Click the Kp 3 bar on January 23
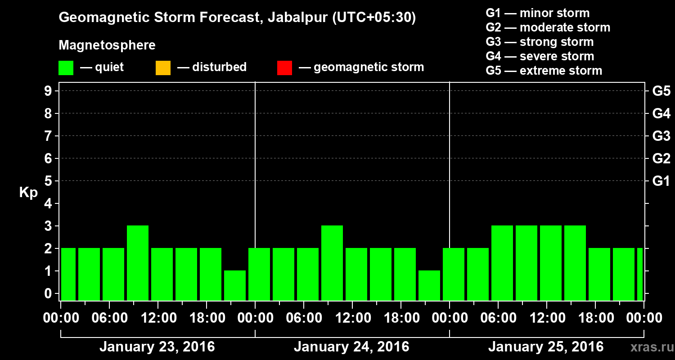(138, 263)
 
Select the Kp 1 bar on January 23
(235, 285)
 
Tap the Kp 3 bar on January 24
(332, 263)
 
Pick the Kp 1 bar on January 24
(429, 285)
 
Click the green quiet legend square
(66, 68)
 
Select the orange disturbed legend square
(163, 68)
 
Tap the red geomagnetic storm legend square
(284, 68)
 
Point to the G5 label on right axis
(661, 91)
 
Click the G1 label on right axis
(661, 181)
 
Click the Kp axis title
(28, 193)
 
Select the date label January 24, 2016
(351, 347)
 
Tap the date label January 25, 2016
(546, 347)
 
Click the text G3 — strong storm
(540, 42)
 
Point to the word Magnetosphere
(107, 45)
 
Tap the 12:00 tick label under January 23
(159, 318)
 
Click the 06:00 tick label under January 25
(498, 318)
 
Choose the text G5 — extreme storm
(544, 71)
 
